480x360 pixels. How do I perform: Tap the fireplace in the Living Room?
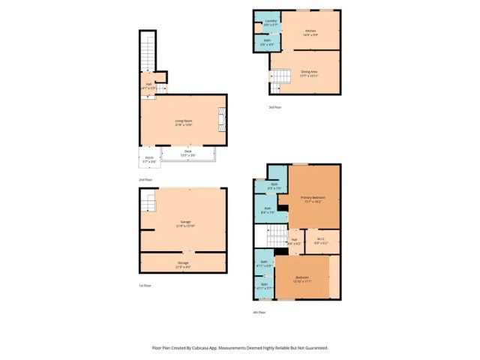(220, 119)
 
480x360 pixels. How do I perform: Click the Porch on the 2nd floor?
(149, 159)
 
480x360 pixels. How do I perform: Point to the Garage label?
(184, 223)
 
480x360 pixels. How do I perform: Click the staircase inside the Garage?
(149, 202)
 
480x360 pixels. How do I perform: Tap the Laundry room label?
(268, 22)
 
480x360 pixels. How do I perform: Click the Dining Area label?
(309, 73)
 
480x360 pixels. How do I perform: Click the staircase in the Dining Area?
(281, 76)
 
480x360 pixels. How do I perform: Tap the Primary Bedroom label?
(313, 199)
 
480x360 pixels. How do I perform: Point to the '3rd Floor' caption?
(275, 107)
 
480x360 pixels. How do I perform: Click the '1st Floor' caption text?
(145, 286)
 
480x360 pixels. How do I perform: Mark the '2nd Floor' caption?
(145, 180)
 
